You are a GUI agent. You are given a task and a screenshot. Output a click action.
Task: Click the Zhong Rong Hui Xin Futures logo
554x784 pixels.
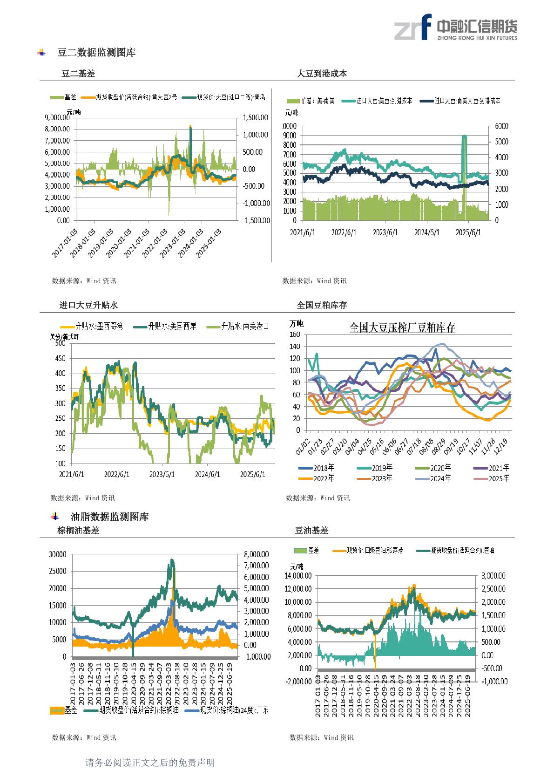click(455, 27)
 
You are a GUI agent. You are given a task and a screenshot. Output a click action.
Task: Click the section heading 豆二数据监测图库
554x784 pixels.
click(96, 53)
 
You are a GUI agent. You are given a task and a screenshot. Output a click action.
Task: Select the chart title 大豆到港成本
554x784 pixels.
click(322, 73)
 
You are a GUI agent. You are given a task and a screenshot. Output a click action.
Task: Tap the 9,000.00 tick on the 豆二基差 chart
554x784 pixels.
click(57, 117)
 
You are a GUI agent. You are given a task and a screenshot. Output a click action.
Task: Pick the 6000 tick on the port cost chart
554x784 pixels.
click(501, 126)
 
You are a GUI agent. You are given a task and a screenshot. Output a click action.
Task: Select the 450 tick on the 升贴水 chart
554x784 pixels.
click(60, 358)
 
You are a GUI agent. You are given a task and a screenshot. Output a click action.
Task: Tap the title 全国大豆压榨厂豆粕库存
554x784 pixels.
click(402, 327)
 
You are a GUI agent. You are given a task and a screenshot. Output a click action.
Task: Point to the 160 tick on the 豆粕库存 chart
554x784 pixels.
click(294, 334)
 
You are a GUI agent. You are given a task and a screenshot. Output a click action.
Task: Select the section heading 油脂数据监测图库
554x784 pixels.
click(109, 517)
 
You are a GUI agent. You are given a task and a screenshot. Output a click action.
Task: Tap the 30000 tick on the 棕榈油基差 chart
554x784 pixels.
click(58, 554)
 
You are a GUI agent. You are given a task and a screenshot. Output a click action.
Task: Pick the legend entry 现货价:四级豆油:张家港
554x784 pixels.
click(375, 550)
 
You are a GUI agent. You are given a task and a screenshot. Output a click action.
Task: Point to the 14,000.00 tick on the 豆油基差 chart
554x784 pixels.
click(297, 576)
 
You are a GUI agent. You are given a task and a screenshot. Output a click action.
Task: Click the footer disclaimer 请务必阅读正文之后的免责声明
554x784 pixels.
click(150, 763)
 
